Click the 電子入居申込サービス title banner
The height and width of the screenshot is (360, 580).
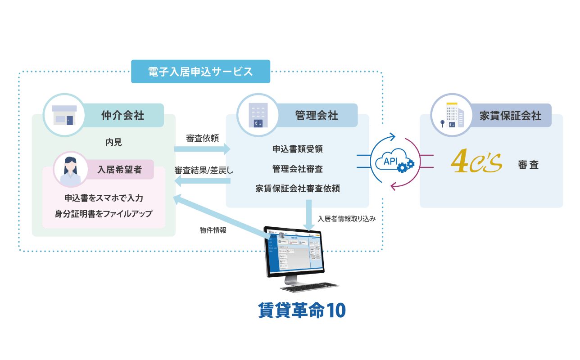pyautogui.click(x=200, y=72)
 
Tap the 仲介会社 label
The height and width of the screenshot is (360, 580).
pyautogui.click(x=122, y=115)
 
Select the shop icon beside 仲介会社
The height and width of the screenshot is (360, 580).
pyautogui.click(x=64, y=115)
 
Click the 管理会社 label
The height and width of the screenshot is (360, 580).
pyautogui.click(x=316, y=115)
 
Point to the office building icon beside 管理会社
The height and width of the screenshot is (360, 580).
pyautogui.click(x=258, y=115)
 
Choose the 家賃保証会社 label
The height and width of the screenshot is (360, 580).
pyautogui.click(x=510, y=115)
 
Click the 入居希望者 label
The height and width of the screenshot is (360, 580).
pyautogui.click(x=120, y=169)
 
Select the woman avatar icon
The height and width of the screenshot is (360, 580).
pyautogui.click(x=71, y=170)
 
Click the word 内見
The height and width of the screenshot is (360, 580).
pyautogui.click(x=113, y=142)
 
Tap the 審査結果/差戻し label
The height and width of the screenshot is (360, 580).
pyautogui.click(x=204, y=171)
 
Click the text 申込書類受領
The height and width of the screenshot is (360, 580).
pyautogui.click(x=297, y=149)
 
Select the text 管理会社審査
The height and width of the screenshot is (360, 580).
pyautogui.click(x=297, y=169)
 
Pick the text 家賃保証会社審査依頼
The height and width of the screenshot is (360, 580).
pyautogui.click(x=297, y=189)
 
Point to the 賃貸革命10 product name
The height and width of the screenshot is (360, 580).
pyautogui.click(x=302, y=310)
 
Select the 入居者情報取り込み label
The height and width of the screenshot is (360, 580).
pyautogui.click(x=346, y=219)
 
